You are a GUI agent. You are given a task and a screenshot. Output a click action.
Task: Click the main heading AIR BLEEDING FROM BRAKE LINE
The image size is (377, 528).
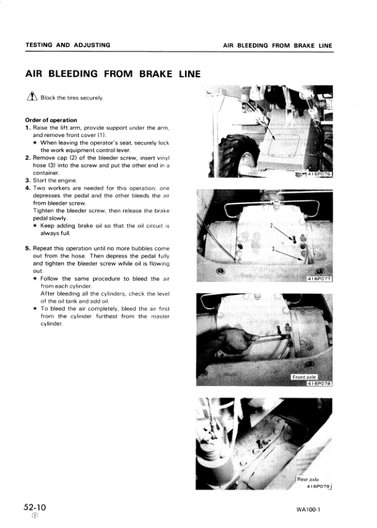tap(113, 74)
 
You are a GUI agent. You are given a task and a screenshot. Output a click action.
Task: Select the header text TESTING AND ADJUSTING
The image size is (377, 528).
tap(67, 45)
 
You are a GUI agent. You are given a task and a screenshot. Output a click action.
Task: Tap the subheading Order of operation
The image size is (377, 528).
tap(51, 120)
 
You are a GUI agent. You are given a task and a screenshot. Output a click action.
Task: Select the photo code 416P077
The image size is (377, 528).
tap(319, 278)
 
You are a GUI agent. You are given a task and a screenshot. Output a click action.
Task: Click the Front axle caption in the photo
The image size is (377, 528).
tap(307, 377)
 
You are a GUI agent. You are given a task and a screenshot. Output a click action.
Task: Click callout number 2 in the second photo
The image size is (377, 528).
tap(272, 226)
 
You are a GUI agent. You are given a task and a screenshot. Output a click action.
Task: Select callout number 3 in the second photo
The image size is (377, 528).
tap(273, 248)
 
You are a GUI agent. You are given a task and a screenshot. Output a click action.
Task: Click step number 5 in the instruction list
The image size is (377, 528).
tap(28, 248)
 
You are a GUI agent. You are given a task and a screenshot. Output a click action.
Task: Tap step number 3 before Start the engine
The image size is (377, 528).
tap(28, 180)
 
